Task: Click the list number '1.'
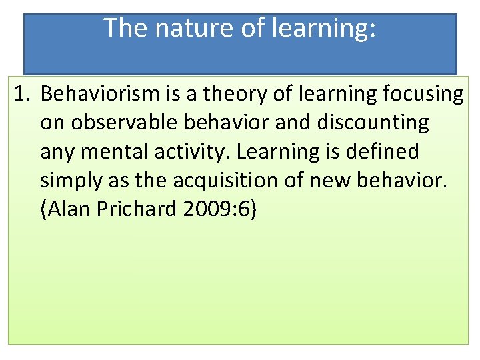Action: (23, 95)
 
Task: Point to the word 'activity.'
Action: (191, 152)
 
